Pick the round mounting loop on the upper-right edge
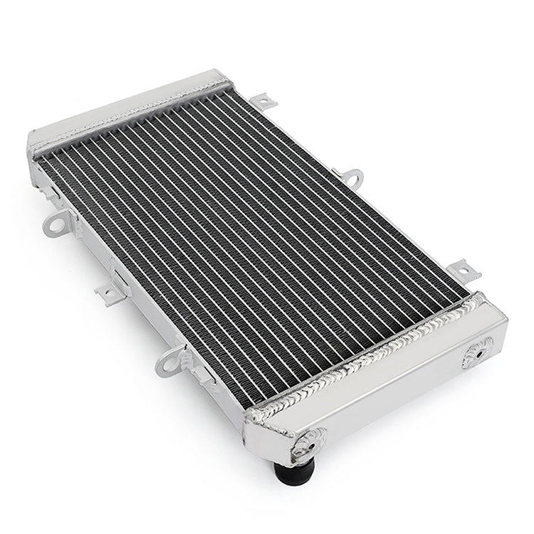350,176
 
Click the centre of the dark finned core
253,242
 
